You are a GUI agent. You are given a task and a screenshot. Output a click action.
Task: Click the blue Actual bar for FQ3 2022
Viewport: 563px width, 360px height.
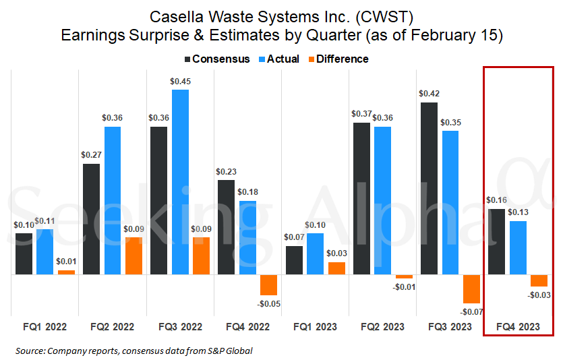point(180,182)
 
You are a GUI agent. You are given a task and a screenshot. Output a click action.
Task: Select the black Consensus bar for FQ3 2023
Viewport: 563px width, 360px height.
point(429,189)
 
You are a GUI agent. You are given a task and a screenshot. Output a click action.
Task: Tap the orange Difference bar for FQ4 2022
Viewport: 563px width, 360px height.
point(268,285)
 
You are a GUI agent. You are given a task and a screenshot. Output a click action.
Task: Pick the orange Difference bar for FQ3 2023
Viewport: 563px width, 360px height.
point(471,289)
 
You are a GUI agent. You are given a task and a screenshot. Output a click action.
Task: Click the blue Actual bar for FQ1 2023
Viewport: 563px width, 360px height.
point(315,254)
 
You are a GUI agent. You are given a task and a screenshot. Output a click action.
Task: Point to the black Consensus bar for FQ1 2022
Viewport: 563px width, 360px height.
point(24,254)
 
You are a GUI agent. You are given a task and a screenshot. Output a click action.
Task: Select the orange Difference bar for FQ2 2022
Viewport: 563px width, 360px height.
point(134,256)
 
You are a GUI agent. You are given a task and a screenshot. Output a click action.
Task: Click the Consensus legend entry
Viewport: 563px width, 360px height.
point(216,59)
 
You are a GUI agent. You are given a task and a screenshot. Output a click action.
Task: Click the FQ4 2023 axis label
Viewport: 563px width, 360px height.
point(518,327)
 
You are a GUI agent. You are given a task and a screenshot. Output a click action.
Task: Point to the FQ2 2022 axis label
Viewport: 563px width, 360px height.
point(112,327)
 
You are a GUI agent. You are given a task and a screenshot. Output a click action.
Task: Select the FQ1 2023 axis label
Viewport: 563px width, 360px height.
point(315,327)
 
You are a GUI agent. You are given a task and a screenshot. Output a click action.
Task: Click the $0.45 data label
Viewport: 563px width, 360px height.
point(180,82)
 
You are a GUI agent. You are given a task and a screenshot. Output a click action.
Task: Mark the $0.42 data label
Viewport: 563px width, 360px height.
point(429,94)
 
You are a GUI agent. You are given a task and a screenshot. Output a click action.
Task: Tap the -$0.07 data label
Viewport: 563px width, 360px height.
point(471,311)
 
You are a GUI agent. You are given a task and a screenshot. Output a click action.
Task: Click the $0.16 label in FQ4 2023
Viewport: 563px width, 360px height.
point(496,200)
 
